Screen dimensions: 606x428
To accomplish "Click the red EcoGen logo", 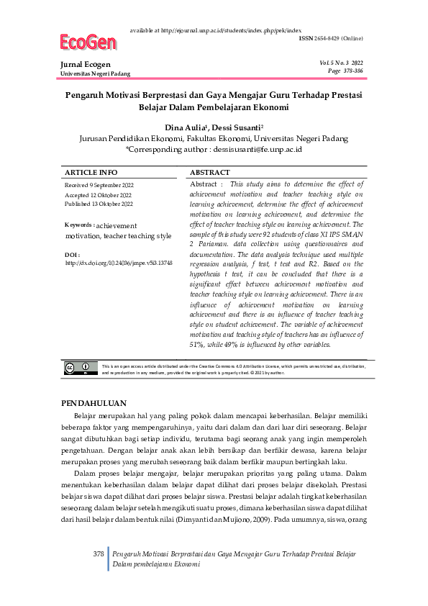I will (x=88, y=43).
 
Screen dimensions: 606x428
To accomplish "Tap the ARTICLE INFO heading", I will (x=91, y=173).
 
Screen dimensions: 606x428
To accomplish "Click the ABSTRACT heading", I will (x=209, y=173).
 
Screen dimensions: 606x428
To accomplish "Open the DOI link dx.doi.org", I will (x=118, y=264).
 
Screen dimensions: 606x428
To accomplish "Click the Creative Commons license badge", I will (x=81, y=368).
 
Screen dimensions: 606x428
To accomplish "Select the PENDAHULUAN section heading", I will (x=95, y=403).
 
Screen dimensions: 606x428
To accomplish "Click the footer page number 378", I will (x=99, y=553).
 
